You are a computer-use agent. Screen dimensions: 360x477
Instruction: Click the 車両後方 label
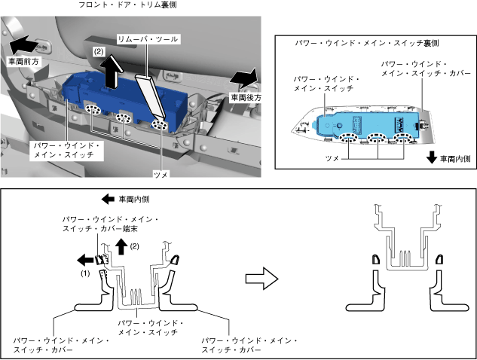[244, 97]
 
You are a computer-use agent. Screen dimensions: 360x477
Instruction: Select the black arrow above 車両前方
[25, 43]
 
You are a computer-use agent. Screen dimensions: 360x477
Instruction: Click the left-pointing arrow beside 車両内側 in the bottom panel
[109, 200]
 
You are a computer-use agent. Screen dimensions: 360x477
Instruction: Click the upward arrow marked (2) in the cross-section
[120, 246]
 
